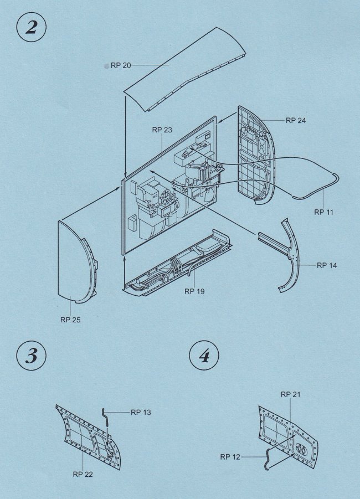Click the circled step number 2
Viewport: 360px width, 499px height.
31,27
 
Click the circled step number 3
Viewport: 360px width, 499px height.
31,356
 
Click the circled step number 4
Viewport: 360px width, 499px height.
204,356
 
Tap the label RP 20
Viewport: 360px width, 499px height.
121,65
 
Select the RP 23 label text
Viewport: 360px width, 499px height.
162,130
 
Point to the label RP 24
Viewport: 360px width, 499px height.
296,120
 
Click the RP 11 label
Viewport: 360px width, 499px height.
323,212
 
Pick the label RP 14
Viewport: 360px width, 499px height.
327,265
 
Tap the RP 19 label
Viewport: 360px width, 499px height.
194,291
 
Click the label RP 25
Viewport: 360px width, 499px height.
70,320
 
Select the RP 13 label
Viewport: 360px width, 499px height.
141,413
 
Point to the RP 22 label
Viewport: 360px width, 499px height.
83,474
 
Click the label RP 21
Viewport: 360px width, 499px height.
291,394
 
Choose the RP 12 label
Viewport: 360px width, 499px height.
230,457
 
